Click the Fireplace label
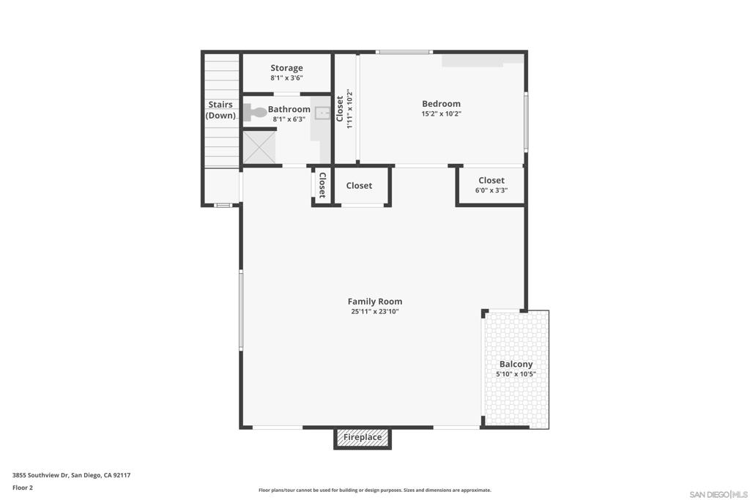(x=363, y=438)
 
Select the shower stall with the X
(x=259, y=147)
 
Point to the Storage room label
(x=286, y=68)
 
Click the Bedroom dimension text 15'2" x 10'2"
(x=441, y=113)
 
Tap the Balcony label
(x=516, y=364)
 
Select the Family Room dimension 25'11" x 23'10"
(x=374, y=311)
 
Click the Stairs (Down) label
(x=220, y=110)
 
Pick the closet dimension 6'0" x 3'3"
(x=491, y=190)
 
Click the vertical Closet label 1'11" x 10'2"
(x=344, y=109)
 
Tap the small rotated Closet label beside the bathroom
(x=322, y=186)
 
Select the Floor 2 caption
(x=23, y=488)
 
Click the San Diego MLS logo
(x=719, y=493)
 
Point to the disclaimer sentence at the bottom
(x=374, y=490)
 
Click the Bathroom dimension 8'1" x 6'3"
(x=289, y=119)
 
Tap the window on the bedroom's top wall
(x=404, y=52)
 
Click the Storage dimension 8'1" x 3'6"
(x=286, y=78)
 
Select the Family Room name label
(x=374, y=301)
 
